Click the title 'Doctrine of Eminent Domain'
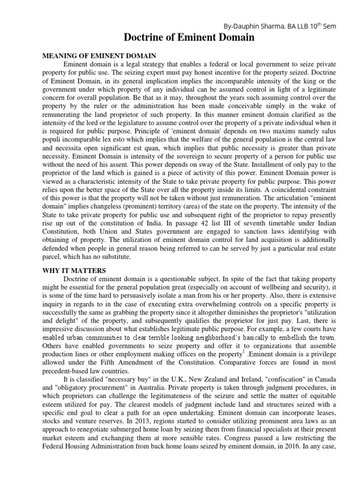[189, 38]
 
